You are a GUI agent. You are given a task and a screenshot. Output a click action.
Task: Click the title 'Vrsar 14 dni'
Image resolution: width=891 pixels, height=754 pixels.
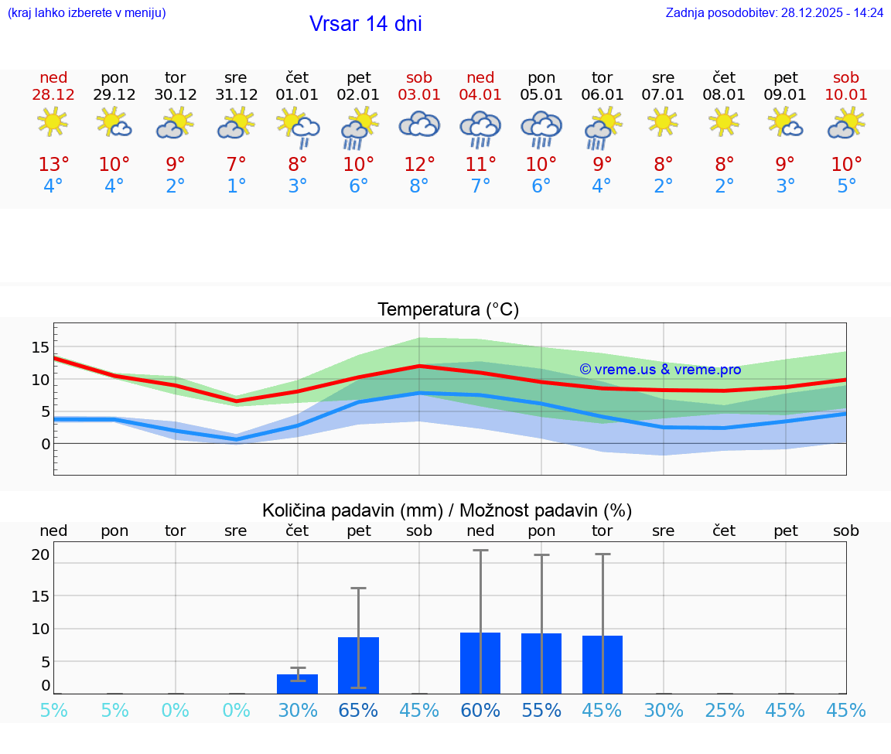(365, 24)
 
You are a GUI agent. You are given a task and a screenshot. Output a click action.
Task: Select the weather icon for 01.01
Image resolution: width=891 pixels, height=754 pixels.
(298, 125)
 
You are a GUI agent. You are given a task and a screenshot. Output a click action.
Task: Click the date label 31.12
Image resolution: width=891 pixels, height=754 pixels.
(236, 95)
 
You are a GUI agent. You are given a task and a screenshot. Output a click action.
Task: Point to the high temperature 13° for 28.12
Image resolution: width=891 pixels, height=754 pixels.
(53, 165)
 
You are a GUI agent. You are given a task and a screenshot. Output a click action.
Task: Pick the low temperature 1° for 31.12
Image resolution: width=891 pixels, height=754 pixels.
(236, 186)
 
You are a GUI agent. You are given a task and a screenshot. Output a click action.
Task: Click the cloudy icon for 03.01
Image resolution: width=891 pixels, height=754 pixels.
(419, 124)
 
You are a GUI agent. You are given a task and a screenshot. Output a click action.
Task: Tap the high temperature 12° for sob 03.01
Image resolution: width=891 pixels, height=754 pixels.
(419, 165)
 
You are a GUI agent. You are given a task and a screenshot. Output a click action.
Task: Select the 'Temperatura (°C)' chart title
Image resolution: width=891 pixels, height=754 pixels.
(448, 310)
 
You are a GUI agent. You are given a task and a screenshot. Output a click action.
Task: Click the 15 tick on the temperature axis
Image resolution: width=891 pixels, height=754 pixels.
(40, 346)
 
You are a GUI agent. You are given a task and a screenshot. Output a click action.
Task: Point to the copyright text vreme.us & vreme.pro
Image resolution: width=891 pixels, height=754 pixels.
(660, 370)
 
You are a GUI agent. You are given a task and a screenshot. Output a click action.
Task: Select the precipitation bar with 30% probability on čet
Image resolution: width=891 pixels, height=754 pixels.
(298, 684)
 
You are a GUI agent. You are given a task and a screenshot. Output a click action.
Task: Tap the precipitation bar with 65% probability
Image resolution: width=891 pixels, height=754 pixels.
(358, 665)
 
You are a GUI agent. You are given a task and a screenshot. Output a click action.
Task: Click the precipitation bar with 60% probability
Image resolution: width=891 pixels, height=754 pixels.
(480, 663)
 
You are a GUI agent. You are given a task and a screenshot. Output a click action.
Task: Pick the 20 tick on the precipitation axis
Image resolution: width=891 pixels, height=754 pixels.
(40, 554)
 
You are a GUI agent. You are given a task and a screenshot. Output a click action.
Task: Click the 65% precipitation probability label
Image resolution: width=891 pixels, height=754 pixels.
(358, 711)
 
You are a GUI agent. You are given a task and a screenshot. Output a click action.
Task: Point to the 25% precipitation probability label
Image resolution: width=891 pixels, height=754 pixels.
(725, 711)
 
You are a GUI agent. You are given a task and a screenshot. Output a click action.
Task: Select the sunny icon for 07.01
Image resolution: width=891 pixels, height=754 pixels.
(664, 121)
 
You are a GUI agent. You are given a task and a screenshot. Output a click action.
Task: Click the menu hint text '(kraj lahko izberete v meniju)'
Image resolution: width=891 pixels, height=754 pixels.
(87, 13)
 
